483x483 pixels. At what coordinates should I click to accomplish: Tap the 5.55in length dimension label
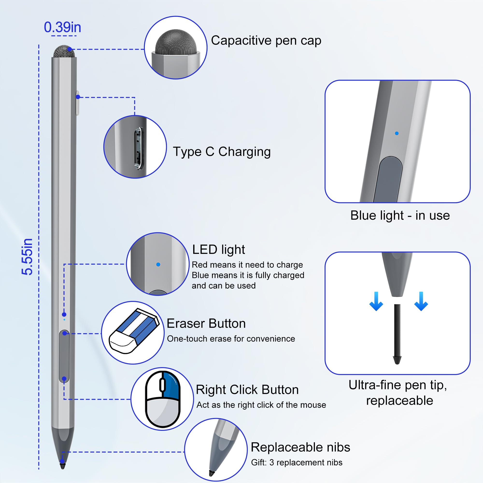27,257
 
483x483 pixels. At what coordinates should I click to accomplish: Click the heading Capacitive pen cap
266,41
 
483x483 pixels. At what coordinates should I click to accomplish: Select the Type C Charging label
222,151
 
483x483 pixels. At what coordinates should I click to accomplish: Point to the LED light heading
219,249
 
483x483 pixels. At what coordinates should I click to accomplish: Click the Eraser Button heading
206,324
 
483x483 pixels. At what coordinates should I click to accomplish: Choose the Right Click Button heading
247,390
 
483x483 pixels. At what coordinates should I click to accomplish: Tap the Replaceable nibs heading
300,447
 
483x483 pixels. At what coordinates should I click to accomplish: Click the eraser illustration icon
134,332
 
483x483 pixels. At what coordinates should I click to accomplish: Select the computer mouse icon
163,398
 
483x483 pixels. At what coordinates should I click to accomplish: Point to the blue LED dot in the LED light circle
158,264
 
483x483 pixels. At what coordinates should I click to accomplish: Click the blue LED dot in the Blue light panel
397,134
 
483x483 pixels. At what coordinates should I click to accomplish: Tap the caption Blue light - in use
400,215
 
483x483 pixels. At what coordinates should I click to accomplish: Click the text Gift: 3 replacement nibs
297,462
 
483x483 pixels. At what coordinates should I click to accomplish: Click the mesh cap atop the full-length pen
64,51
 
